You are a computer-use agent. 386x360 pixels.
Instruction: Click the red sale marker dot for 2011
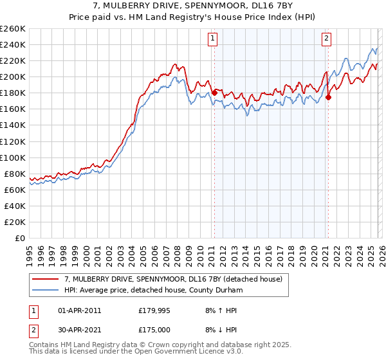click(214, 93)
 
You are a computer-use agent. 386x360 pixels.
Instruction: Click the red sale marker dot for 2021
click(328, 97)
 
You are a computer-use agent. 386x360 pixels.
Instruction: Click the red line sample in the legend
click(46, 279)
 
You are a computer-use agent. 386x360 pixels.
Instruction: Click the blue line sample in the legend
click(46, 290)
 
